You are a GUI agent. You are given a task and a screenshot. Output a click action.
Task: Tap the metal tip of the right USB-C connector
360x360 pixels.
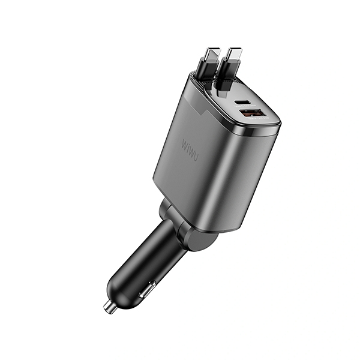click(x=233, y=54)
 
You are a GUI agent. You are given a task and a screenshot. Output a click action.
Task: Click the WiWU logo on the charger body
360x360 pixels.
click(x=190, y=149)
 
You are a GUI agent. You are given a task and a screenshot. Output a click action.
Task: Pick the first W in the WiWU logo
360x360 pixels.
click(x=184, y=144)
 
